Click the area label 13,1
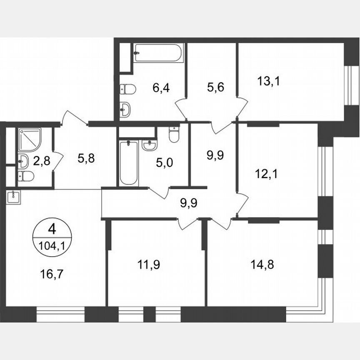269,81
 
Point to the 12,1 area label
267,173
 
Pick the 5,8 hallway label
86,159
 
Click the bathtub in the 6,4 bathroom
158,53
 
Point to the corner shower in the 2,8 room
29,140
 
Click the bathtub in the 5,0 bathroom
128,163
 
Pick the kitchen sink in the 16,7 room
13,197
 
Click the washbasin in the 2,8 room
24,161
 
